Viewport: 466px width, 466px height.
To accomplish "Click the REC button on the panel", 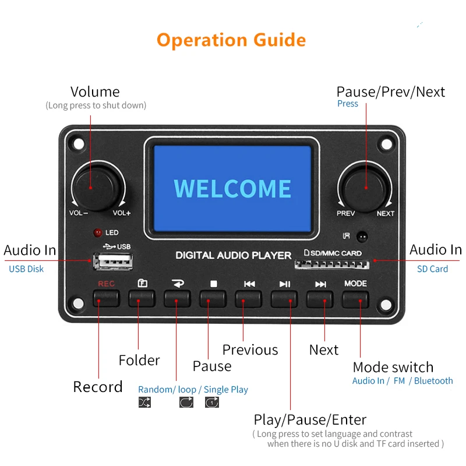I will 106,298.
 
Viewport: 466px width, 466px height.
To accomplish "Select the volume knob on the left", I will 98,186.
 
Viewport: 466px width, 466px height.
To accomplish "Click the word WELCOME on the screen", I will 232,189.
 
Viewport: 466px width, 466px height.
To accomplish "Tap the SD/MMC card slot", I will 331,265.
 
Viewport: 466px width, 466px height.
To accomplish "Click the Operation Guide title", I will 231,40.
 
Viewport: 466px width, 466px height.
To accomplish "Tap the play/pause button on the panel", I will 284,298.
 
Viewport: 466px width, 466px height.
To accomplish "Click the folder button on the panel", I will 142,298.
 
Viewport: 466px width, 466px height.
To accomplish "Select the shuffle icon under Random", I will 144,403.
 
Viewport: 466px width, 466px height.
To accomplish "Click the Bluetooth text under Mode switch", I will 433,381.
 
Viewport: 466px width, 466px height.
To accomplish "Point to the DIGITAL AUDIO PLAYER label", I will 234,255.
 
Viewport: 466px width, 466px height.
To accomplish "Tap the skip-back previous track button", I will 249,298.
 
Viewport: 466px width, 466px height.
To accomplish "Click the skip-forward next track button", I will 320,298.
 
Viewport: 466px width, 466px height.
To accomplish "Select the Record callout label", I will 98,387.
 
